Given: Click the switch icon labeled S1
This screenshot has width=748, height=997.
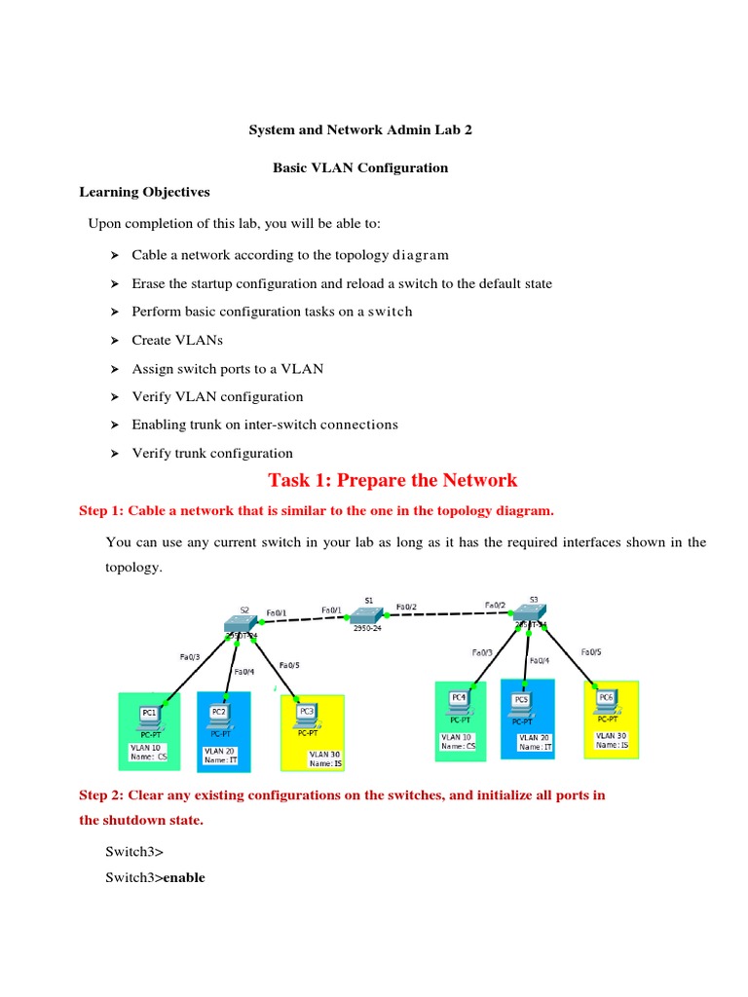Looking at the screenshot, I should (368, 614).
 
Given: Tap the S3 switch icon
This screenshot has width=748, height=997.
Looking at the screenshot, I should (531, 614).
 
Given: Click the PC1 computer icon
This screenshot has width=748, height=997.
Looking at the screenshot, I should (150, 717).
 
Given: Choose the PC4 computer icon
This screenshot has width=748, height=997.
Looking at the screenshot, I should (459, 701).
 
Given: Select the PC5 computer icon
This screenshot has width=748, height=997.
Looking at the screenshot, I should (522, 703).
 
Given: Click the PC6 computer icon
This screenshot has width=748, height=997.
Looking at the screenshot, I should (606, 700).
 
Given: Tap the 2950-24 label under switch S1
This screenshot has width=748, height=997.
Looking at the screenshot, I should (367, 629).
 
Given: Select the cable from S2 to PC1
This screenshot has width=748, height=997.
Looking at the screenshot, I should (199, 667).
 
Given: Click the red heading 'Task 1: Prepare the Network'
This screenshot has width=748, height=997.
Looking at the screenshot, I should (393, 480).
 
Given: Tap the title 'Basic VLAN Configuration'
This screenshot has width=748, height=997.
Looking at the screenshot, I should (360, 167).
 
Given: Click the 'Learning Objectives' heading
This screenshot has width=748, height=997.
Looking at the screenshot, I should (144, 192).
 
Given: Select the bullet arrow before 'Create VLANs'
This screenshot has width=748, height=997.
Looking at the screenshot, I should (113, 341).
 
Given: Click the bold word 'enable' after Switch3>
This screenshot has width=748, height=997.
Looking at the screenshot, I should (184, 877).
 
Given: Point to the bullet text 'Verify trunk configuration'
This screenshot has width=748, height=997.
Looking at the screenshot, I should (212, 453).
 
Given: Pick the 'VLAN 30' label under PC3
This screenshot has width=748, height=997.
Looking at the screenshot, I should (325, 754).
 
